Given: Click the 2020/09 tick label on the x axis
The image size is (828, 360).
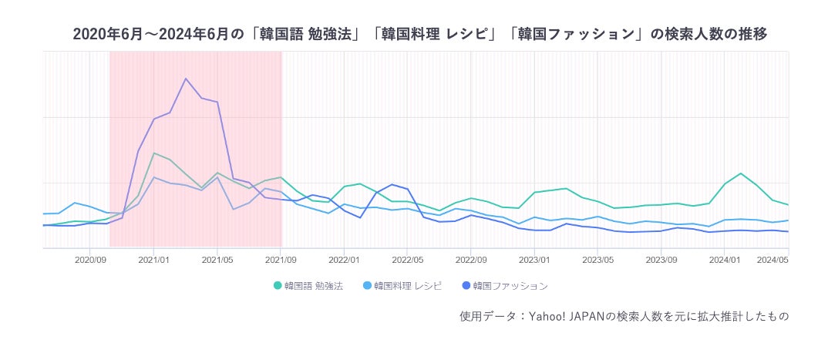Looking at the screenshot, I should [x=90, y=260].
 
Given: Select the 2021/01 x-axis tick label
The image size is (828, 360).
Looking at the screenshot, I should [x=153, y=260].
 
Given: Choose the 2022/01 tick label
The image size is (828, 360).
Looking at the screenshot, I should [x=344, y=260].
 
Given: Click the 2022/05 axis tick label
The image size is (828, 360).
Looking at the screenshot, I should [x=407, y=260].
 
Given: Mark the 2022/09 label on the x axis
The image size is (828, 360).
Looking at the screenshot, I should [x=471, y=260].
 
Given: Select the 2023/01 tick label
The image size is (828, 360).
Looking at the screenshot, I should [x=534, y=260].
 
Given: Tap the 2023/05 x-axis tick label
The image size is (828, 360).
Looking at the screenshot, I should [x=597, y=260].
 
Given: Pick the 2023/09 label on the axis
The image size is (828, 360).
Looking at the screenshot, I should [x=661, y=260].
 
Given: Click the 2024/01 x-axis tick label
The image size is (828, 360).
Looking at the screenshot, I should [x=725, y=260].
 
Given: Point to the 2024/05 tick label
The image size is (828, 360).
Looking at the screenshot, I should [x=772, y=260].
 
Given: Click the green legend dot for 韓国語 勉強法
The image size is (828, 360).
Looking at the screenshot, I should [x=278, y=286].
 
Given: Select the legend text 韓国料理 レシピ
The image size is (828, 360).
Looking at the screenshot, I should [x=408, y=286].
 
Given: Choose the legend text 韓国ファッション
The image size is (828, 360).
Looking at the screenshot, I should [x=510, y=286].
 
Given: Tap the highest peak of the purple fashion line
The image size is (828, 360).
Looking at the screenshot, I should [x=186, y=79].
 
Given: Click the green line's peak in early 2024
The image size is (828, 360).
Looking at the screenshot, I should [x=741, y=173].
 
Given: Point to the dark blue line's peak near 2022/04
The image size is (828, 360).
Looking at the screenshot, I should [x=392, y=184].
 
